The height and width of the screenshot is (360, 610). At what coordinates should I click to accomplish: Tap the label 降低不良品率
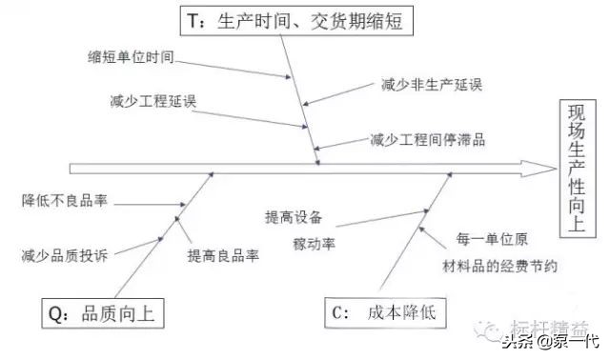point(63,202)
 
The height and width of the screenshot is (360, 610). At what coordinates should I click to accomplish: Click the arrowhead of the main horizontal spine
point(547,168)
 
